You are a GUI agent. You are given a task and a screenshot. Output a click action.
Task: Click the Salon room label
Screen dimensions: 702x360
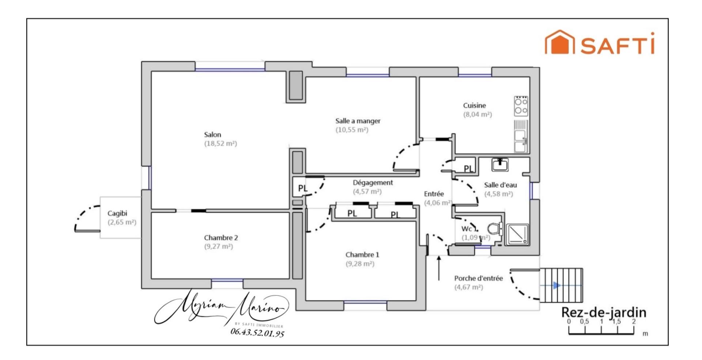tap(212, 134)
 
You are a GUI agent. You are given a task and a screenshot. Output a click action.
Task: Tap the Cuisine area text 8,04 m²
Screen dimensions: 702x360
tap(478, 114)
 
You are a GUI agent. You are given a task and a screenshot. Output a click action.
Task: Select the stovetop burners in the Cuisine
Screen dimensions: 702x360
tap(521, 106)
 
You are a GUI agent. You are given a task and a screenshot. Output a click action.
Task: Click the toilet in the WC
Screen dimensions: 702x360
tap(495, 229)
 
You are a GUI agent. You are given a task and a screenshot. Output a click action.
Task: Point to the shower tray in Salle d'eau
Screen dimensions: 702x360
tap(517, 235)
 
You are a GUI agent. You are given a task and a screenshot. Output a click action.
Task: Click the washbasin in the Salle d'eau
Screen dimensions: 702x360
tap(500, 165)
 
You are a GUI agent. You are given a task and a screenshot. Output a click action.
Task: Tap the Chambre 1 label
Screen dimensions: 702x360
tap(362, 255)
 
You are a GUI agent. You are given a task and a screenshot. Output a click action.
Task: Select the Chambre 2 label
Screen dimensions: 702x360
tap(221, 238)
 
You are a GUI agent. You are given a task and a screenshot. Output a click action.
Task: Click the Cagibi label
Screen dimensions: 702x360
tap(117, 213)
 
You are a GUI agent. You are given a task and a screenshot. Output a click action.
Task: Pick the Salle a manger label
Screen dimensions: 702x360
tap(358, 121)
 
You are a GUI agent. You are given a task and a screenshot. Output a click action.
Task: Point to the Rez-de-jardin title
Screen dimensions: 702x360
tap(604, 312)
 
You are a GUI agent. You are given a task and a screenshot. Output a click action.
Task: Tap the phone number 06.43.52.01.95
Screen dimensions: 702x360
tap(257, 333)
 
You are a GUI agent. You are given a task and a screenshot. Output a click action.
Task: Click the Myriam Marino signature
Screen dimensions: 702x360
tap(222, 307)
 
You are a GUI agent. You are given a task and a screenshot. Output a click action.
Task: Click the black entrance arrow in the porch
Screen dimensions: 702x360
tap(439, 268)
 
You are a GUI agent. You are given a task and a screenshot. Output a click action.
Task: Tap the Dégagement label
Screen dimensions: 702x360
tap(373, 182)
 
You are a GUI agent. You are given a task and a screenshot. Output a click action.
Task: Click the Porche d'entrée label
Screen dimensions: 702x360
tap(478, 278)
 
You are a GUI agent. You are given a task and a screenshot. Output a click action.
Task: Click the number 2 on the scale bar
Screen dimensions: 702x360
tap(634, 322)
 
